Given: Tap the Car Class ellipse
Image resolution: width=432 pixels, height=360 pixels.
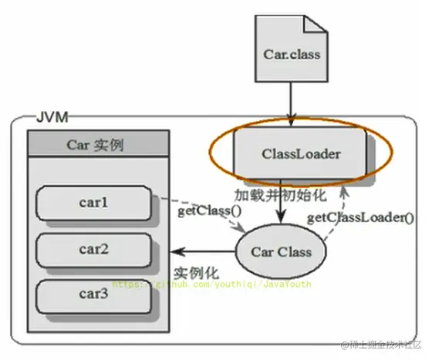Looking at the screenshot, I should tap(282, 251).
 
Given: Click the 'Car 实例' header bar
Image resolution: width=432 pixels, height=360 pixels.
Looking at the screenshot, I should tap(97, 144).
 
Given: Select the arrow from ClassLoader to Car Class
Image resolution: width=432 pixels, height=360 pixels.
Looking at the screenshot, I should tap(282, 204).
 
